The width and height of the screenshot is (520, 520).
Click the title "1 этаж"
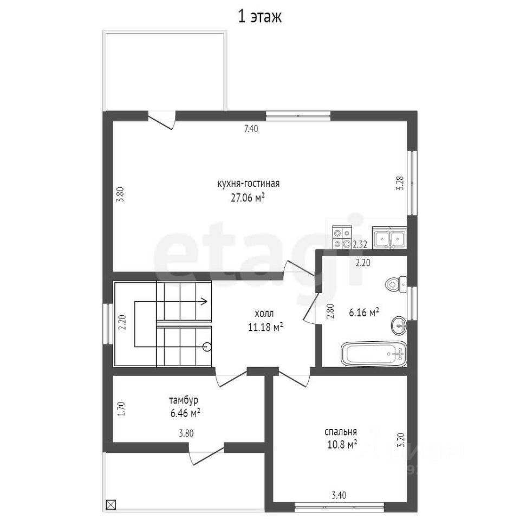tap(259, 17)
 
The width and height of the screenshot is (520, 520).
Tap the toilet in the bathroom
tap(396, 284)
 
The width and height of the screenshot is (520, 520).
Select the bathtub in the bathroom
tap(374, 354)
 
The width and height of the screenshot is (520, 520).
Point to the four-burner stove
tap(342, 237)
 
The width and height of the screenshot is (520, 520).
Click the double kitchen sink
tap(389, 238)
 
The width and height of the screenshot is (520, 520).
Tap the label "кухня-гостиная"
tap(249, 184)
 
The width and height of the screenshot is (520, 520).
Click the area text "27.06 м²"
tap(248, 198)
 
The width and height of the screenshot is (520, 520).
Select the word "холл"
tap(264, 313)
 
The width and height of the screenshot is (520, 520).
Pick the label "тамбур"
tap(184, 400)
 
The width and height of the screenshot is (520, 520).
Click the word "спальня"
tap(341, 432)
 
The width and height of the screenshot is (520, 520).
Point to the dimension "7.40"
tap(251, 129)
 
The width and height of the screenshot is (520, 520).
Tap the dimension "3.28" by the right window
tap(400, 183)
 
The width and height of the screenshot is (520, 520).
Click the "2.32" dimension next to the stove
tap(360, 245)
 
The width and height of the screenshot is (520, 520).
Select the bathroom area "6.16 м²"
tap(364, 313)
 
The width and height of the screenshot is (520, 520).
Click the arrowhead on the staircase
tap(204, 302)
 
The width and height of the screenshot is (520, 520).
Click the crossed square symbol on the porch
tap(110, 504)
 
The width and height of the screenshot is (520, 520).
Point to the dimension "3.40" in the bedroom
tap(339, 496)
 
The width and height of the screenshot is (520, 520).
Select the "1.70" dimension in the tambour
tap(121, 409)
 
